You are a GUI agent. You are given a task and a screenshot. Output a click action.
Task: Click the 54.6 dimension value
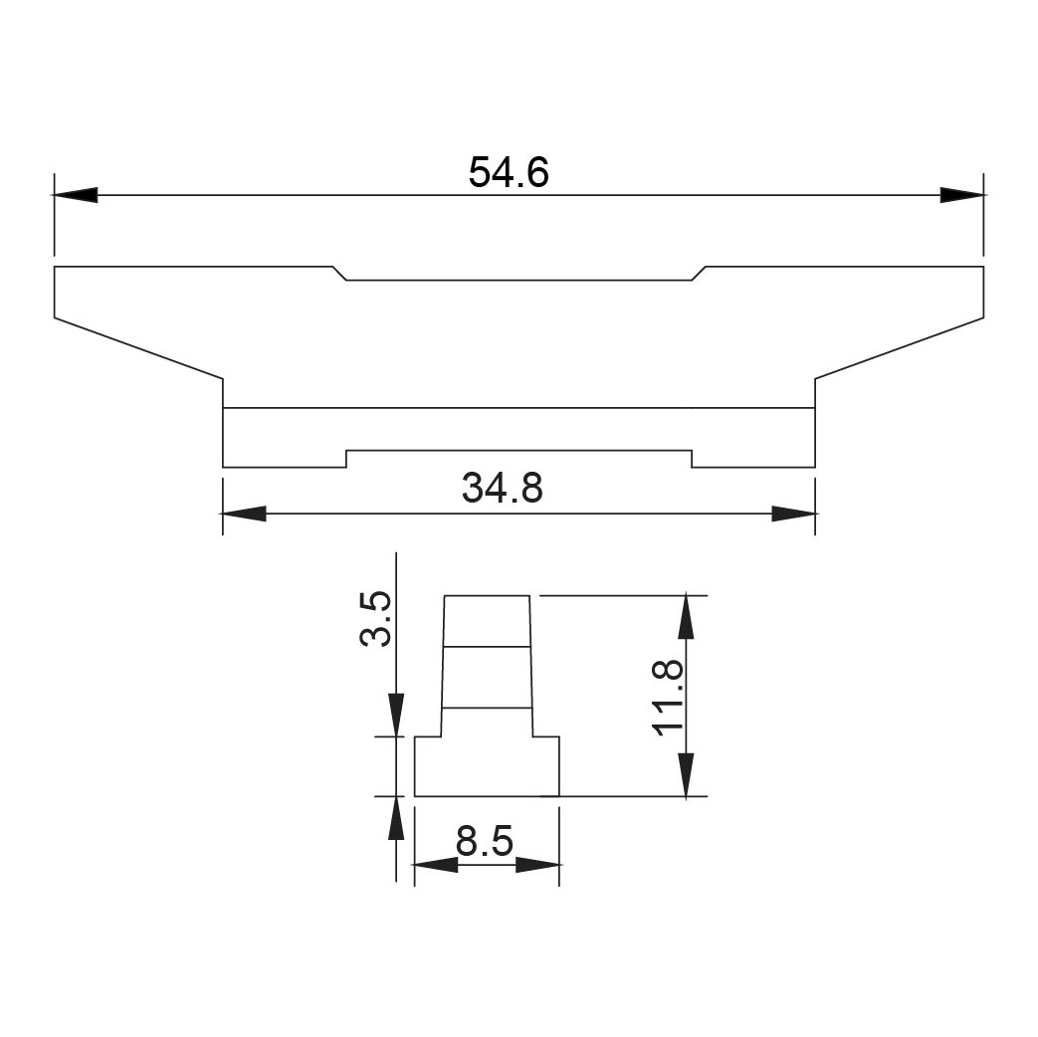(x=509, y=172)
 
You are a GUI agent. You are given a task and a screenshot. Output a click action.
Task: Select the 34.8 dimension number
(x=503, y=489)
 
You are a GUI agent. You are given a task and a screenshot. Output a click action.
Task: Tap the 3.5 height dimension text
(x=376, y=619)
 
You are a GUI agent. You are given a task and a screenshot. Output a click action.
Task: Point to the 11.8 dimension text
(x=668, y=698)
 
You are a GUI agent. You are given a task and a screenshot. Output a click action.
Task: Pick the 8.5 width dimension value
(x=485, y=842)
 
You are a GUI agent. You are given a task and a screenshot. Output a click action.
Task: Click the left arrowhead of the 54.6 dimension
(x=76, y=195)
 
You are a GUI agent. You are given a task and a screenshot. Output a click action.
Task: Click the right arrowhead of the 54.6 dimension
(x=962, y=195)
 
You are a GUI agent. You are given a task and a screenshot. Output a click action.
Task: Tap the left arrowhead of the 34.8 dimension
(x=244, y=514)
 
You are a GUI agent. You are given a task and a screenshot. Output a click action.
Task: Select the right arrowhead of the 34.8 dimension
(x=793, y=514)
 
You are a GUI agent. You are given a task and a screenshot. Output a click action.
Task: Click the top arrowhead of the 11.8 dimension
(x=686, y=617)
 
